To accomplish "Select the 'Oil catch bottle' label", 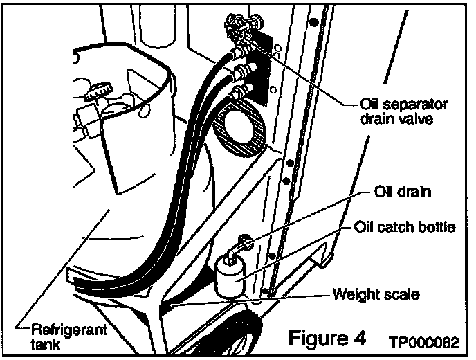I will [x=405, y=227].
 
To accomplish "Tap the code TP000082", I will [x=423, y=342].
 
